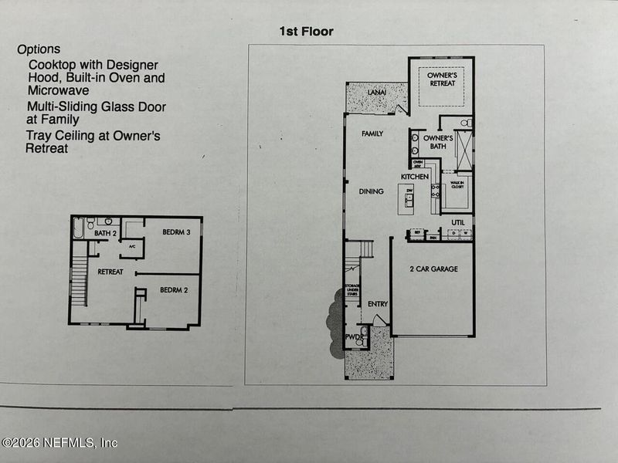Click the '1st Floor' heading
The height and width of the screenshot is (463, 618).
click(x=307, y=32)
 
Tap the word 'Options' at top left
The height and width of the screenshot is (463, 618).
click(x=39, y=49)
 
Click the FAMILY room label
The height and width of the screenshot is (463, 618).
click(x=372, y=133)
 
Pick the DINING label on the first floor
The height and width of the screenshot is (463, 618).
click(x=371, y=191)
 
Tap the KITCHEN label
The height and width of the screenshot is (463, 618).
click(x=414, y=177)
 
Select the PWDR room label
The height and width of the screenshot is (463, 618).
click(x=352, y=337)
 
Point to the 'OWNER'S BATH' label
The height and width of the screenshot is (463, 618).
click(x=436, y=142)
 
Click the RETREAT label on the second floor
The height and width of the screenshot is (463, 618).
click(x=110, y=272)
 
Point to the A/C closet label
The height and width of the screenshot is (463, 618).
click(x=131, y=247)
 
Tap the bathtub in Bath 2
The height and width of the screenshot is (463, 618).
click(x=78, y=229)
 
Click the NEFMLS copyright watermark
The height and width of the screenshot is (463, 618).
click(x=59, y=443)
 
